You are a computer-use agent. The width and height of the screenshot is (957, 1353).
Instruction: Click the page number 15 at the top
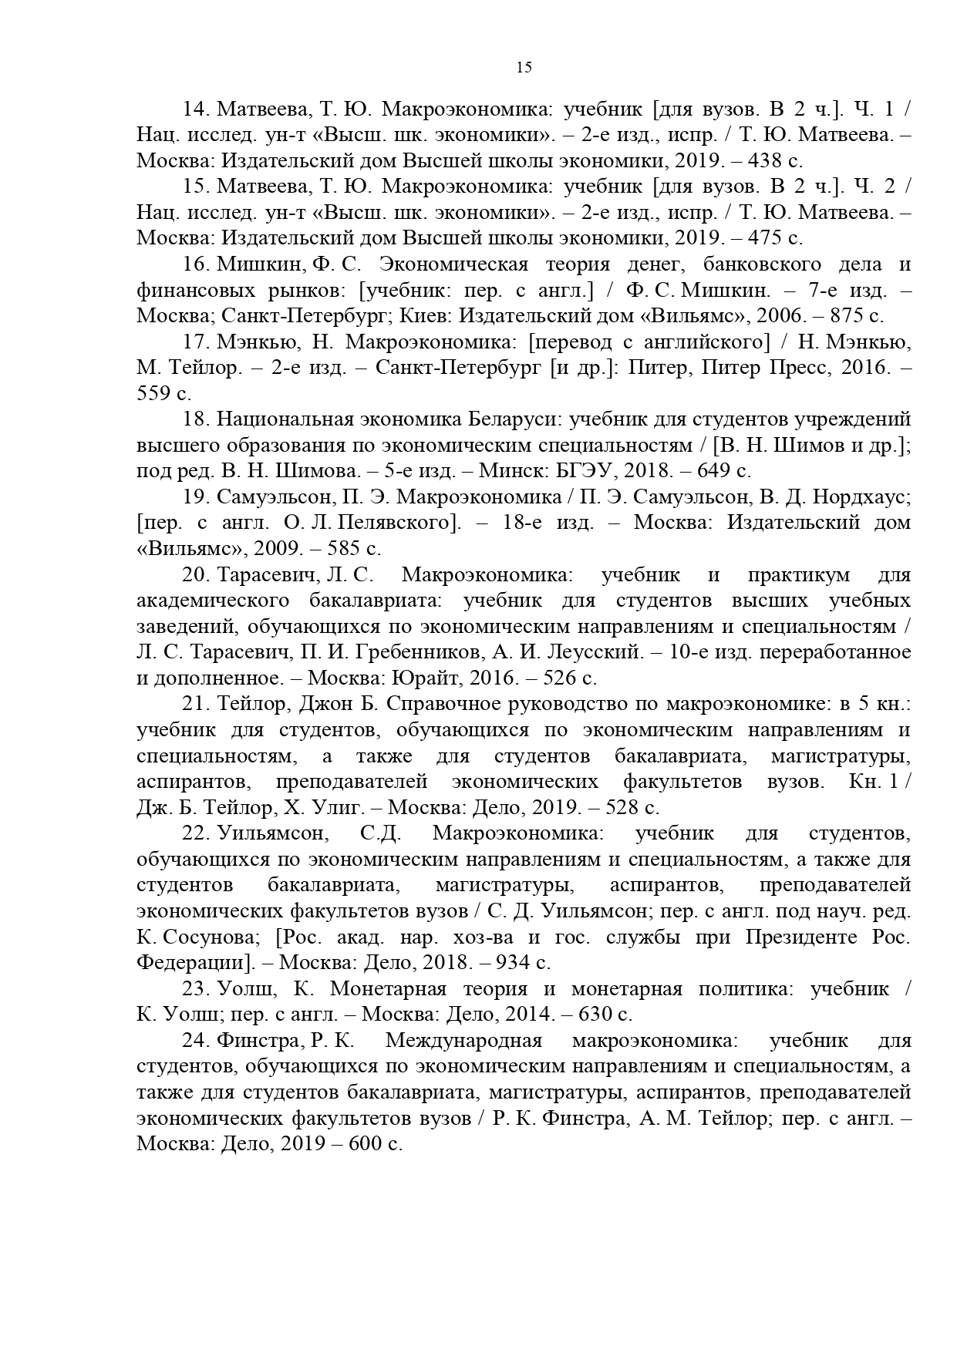(524, 67)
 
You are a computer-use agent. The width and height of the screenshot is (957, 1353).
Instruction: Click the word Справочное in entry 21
(443, 704)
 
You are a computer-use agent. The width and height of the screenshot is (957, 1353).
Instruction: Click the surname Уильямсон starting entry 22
(272, 833)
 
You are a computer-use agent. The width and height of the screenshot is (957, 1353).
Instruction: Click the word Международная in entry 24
(463, 1040)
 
